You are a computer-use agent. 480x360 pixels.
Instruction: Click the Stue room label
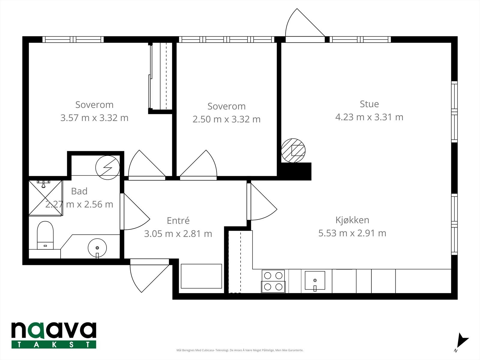coord(369,104)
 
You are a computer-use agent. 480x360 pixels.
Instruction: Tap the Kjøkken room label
coord(352,220)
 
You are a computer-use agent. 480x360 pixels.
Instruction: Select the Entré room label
coord(178,220)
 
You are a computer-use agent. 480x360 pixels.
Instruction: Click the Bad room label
coord(79,191)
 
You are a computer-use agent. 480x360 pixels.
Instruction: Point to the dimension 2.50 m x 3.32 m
coord(226,119)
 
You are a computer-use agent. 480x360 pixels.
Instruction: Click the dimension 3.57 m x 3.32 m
coord(94,118)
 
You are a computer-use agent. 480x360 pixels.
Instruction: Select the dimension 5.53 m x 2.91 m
coord(352,233)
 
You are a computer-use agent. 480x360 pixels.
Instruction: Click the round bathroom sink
coord(97,248)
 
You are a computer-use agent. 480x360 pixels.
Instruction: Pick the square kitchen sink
coord(315,281)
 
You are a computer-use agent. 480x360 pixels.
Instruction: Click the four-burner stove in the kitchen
coord(273,281)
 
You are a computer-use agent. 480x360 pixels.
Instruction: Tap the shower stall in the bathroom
coord(46,198)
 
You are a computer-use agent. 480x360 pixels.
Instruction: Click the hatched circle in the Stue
coord(293,151)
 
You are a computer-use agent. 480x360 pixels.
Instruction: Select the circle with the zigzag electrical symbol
coord(108,168)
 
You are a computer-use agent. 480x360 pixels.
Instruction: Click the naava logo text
coord(54,330)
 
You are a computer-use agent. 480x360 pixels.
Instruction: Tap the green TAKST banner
coord(54,344)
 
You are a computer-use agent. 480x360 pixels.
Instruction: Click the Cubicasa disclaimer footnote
coord(240,350)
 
